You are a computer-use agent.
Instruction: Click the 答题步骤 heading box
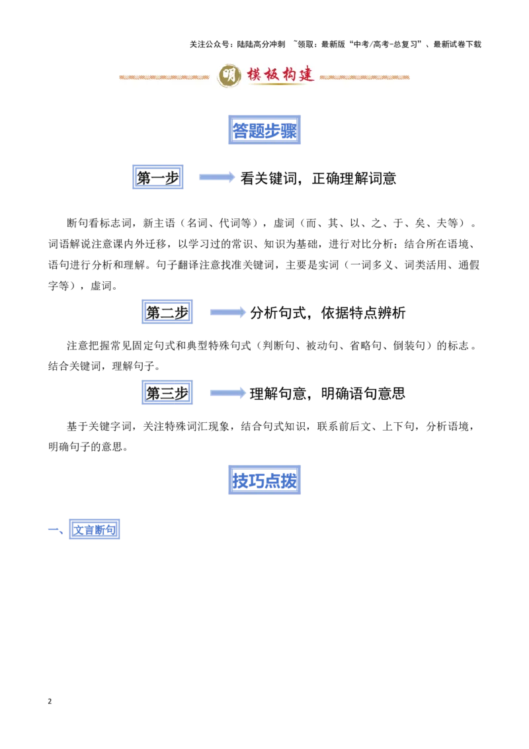click(x=264, y=130)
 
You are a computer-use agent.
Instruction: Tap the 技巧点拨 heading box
click(x=264, y=480)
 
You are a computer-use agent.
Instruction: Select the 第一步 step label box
click(x=157, y=177)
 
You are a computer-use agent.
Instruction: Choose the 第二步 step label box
click(x=167, y=312)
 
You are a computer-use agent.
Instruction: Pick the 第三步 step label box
click(x=167, y=392)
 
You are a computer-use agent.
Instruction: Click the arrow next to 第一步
click(x=217, y=177)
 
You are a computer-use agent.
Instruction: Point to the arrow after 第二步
click(x=227, y=312)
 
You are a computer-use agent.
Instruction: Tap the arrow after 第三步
click(x=227, y=393)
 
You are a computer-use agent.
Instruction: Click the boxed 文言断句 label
click(x=94, y=529)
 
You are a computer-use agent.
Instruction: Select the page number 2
click(x=50, y=701)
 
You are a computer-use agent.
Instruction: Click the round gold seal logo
click(x=229, y=75)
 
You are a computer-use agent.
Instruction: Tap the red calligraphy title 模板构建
click(x=280, y=75)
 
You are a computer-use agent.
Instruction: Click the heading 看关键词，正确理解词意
click(x=318, y=178)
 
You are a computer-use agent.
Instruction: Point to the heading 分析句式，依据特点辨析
click(x=327, y=313)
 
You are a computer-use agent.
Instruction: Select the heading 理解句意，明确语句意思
click(x=327, y=394)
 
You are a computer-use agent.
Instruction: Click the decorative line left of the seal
click(x=164, y=77)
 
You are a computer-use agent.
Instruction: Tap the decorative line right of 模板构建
click(x=364, y=77)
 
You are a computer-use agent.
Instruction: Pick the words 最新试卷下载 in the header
click(x=458, y=44)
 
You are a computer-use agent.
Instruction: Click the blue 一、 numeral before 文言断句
click(x=56, y=530)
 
